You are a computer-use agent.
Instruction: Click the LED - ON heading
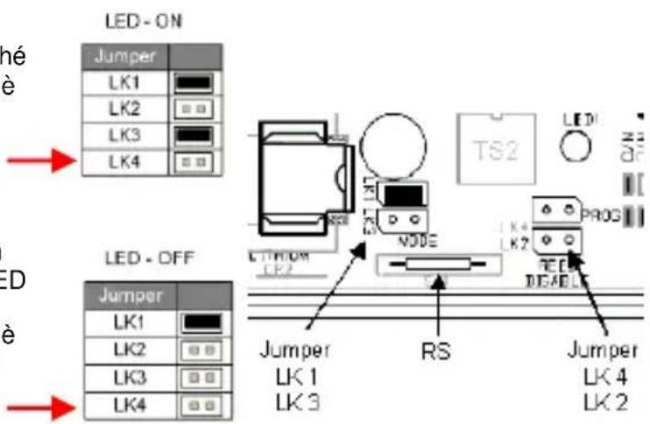click(131, 19)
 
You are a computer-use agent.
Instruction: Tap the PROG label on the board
click(597, 212)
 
